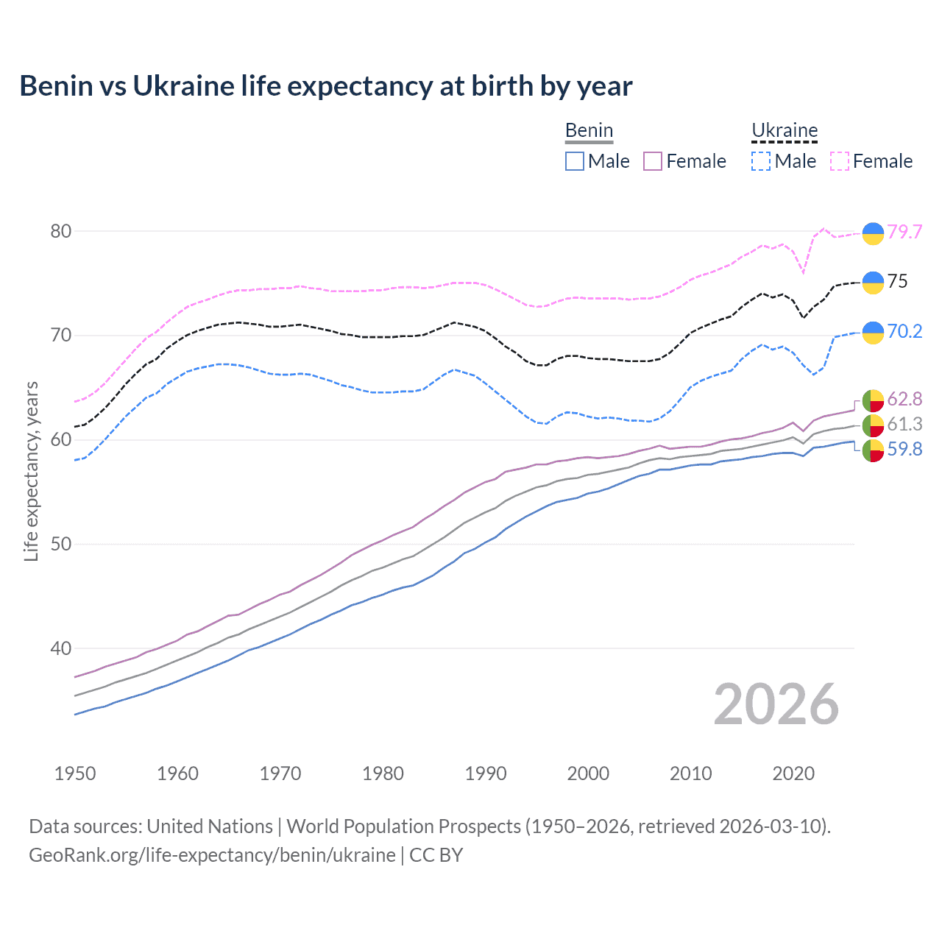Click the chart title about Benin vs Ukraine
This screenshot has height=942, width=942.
[325, 86]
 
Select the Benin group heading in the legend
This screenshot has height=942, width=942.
[589, 131]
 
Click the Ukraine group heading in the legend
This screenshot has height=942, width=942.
[785, 131]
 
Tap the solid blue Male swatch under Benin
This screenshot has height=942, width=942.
[575, 161]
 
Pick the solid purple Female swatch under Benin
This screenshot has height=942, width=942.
[653, 161]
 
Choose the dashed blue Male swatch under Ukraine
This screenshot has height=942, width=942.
[761, 161]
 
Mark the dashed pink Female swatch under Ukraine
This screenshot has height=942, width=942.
[840, 161]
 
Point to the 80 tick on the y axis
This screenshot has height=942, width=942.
[61, 231]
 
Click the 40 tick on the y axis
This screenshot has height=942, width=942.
[61, 648]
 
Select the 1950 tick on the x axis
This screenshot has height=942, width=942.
[75, 773]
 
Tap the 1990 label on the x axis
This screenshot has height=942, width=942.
[486, 773]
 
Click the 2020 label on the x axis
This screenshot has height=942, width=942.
[793, 773]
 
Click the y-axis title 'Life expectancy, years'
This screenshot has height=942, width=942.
[31, 471]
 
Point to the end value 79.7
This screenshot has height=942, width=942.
[904, 232]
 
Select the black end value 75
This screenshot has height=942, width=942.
[897, 281]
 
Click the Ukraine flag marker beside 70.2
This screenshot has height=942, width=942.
[873, 333]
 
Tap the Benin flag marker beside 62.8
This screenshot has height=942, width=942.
[873, 400]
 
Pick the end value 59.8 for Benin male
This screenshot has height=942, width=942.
[904, 449]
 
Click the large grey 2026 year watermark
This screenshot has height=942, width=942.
[776, 704]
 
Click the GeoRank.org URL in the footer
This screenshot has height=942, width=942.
[212, 855]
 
